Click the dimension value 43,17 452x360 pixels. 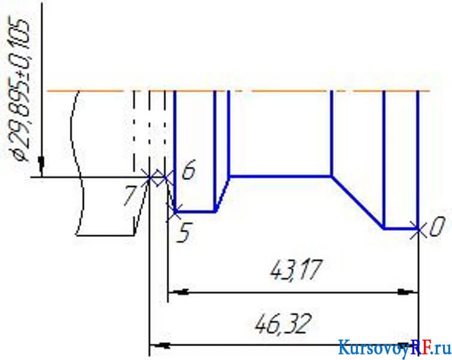point(296,270)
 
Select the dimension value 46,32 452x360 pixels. point(284,323)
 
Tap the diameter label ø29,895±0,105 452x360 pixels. point(20,89)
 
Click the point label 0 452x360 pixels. point(437,226)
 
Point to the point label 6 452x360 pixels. point(189,170)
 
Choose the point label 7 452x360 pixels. point(129,196)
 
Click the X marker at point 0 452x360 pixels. point(418,229)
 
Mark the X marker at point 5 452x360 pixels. point(174,212)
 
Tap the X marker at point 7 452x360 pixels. point(149,178)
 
